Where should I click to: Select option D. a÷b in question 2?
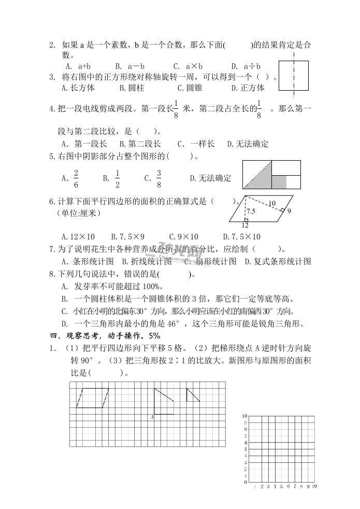click(246, 66)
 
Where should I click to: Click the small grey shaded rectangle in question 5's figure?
click(279, 182)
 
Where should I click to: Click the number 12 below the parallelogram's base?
click(245, 225)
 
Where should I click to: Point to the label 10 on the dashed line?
click(271, 204)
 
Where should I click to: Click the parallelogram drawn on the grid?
click(93, 398)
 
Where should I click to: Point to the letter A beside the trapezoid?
click(151, 416)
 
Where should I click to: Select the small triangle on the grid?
click(192, 394)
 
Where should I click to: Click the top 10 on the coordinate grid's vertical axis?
click(244, 416)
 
